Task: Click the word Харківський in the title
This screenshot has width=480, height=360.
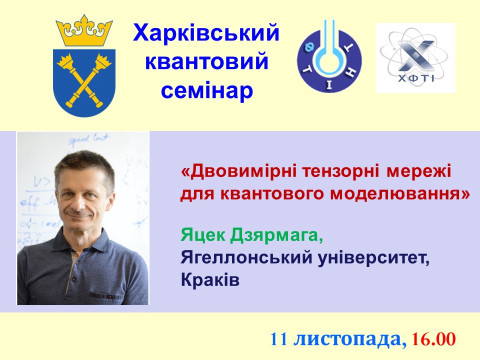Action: click(x=206, y=33)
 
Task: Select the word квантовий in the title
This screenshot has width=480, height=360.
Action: click(x=206, y=60)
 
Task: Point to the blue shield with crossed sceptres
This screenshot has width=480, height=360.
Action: click(x=84, y=82)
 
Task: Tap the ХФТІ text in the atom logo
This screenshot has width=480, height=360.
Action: click(x=416, y=78)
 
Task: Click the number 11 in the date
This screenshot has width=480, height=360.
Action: click(x=278, y=339)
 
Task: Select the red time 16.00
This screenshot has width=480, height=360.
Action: click(x=433, y=339)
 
